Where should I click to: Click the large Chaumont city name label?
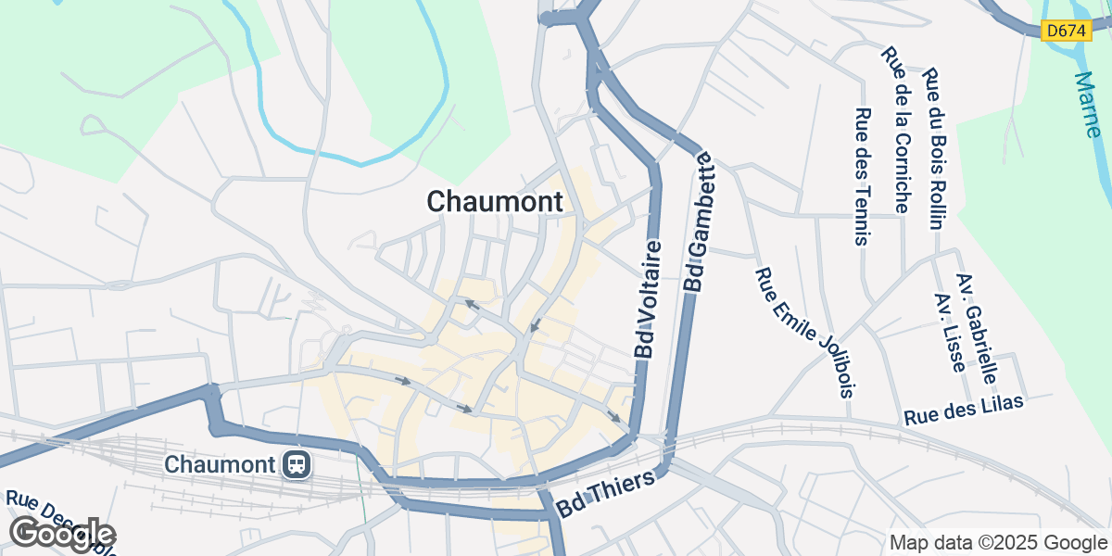[495, 201]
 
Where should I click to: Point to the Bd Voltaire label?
[649, 299]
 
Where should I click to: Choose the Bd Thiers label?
[607, 495]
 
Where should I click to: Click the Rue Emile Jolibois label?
[802, 331]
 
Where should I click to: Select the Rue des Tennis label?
[863, 177]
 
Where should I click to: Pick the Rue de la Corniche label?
[897, 131]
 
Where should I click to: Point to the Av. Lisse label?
[951, 333]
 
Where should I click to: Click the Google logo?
[62, 533]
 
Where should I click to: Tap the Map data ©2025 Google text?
[998, 542]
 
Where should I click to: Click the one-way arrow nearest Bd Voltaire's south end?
[614, 417]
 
